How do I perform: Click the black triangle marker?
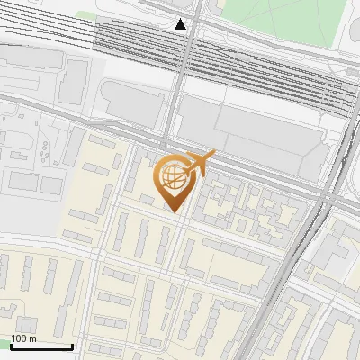[x=182, y=24]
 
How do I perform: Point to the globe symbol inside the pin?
[x=174, y=177]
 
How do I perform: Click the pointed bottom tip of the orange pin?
[x=175, y=212]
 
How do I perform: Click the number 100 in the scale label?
[x=20, y=338]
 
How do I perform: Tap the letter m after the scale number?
[x=33, y=338]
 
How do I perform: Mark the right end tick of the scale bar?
[x=72, y=345]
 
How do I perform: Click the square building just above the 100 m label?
[x=25, y=323]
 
